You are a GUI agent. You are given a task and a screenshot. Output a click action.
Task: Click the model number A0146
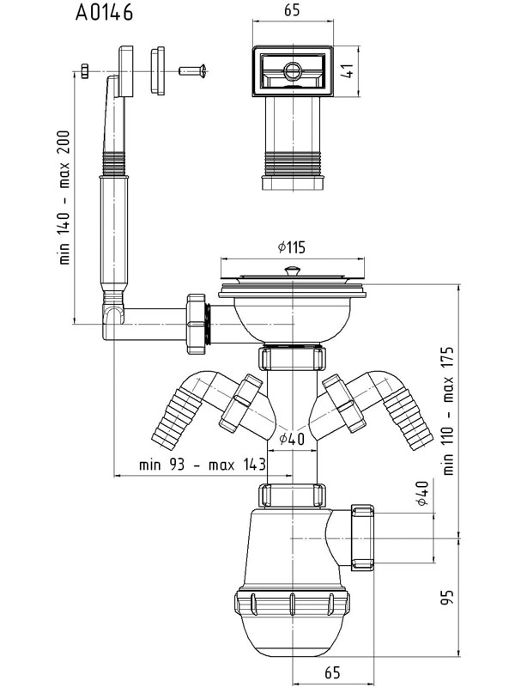click(104, 12)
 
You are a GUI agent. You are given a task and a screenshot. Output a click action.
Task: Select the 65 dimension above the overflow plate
click(292, 10)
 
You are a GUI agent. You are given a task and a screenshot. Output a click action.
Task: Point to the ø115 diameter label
click(292, 247)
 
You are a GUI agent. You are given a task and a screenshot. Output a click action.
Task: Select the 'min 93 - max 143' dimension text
click(203, 465)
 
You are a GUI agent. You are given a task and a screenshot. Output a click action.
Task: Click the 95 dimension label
click(447, 598)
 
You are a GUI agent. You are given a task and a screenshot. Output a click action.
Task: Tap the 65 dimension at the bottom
click(332, 672)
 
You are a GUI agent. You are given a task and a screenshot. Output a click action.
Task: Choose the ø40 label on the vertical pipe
click(292, 439)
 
